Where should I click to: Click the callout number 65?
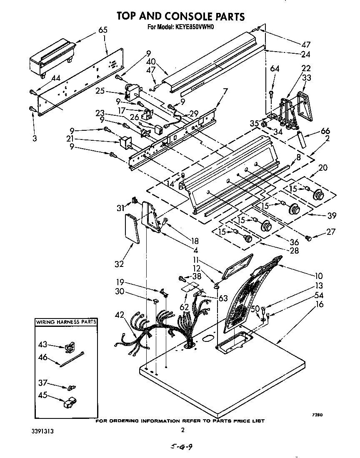(x=103, y=30)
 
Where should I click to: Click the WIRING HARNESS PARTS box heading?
(x=66, y=322)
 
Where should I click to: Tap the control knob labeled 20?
(x=319, y=194)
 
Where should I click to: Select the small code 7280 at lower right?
(x=318, y=415)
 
